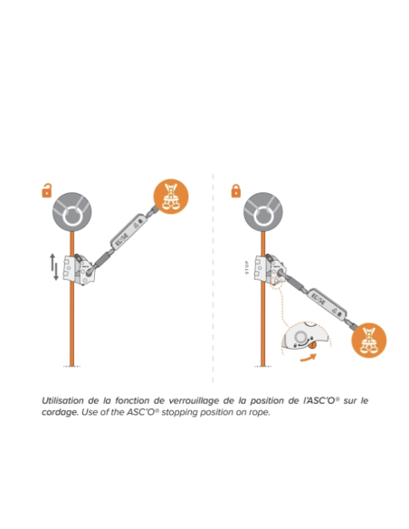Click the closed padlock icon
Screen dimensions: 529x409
[x=235, y=190]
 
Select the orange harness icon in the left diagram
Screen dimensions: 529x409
[x=170, y=199]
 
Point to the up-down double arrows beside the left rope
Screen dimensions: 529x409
[x=54, y=267]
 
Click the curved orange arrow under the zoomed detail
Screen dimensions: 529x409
[x=310, y=356]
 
